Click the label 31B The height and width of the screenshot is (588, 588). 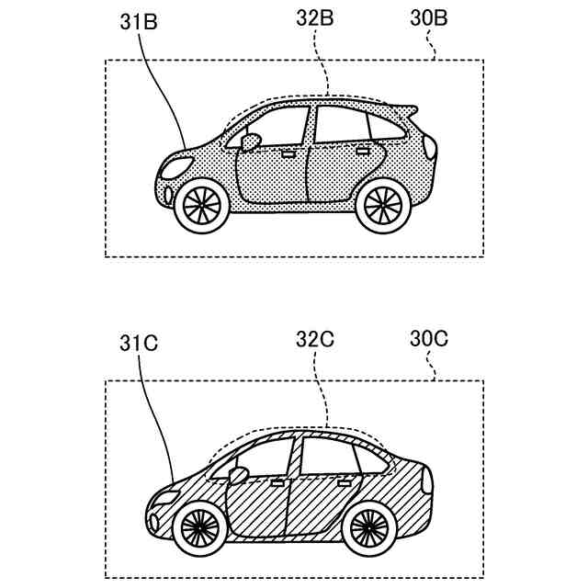coord(139,22)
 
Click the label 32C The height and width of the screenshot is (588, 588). coord(315,339)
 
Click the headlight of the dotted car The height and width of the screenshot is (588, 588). coord(176,168)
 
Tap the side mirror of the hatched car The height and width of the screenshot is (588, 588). coord(238,475)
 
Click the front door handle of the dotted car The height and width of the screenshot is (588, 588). coord(288,153)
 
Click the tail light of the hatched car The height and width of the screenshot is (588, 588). coord(425,479)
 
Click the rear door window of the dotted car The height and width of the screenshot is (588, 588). coord(341,126)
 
